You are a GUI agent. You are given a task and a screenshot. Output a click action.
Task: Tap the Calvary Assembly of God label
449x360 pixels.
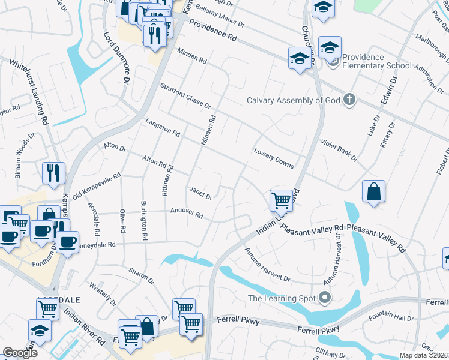pyautogui.click(x=295, y=100)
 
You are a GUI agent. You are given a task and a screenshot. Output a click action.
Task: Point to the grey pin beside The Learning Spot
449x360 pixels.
pyautogui.click(x=325, y=297)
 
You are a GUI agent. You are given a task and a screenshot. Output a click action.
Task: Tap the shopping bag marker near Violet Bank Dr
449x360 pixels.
pyautogui.click(x=373, y=192)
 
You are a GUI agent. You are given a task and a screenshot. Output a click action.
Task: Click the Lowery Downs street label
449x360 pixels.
pyautogui.click(x=274, y=158)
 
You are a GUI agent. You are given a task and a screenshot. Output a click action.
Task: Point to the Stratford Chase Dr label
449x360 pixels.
pyautogui.click(x=186, y=97)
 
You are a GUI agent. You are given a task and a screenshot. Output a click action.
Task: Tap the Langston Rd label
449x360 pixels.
pyautogui.click(x=163, y=127)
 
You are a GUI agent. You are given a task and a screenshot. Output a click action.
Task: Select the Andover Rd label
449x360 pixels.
pyautogui.click(x=187, y=214)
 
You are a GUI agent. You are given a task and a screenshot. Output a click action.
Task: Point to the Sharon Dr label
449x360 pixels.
pyautogui.click(x=142, y=274)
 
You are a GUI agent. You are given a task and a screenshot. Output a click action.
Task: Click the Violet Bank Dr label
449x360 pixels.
pyautogui.click(x=339, y=149)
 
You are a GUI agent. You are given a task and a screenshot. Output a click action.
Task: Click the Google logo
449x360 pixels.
pyautogui.click(x=20, y=353)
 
